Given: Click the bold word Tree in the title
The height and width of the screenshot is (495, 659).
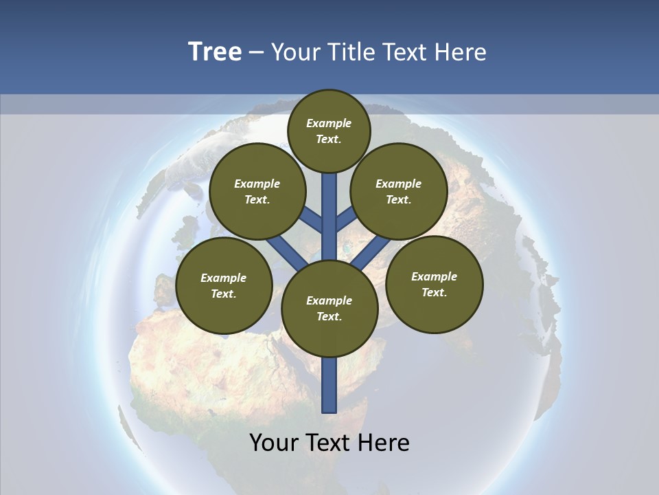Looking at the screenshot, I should click(x=215, y=52).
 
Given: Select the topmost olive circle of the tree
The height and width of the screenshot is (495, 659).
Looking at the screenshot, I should click(x=329, y=131).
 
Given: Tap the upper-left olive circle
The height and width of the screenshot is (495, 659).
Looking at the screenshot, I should click(x=257, y=191).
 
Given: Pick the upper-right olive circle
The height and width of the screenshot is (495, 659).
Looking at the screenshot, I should click(x=398, y=191).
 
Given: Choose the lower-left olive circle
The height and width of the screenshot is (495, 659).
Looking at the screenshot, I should click(x=224, y=285).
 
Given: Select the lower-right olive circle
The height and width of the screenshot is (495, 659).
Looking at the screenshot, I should click(x=434, y=284).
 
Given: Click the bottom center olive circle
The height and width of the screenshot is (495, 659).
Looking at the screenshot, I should click(x=329, y=308).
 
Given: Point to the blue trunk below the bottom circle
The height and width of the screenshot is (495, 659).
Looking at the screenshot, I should click(x=329, y=385).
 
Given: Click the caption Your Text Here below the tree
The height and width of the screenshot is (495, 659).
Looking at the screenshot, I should click(x=329, y=443).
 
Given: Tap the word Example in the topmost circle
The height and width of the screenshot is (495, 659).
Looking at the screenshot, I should click(x=329, y=123).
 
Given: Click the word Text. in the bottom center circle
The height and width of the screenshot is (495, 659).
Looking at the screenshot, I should click(x=329, y=316).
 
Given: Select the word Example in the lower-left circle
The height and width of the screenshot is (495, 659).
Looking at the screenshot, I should click(x=223, y=278).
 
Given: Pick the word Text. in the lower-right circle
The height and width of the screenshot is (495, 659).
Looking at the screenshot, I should click(x=434, y=292).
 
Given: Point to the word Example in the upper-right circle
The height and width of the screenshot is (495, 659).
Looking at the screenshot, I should click(x=398, y=184).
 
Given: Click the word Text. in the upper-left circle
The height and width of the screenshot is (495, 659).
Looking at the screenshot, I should click(x=257, y=199).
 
